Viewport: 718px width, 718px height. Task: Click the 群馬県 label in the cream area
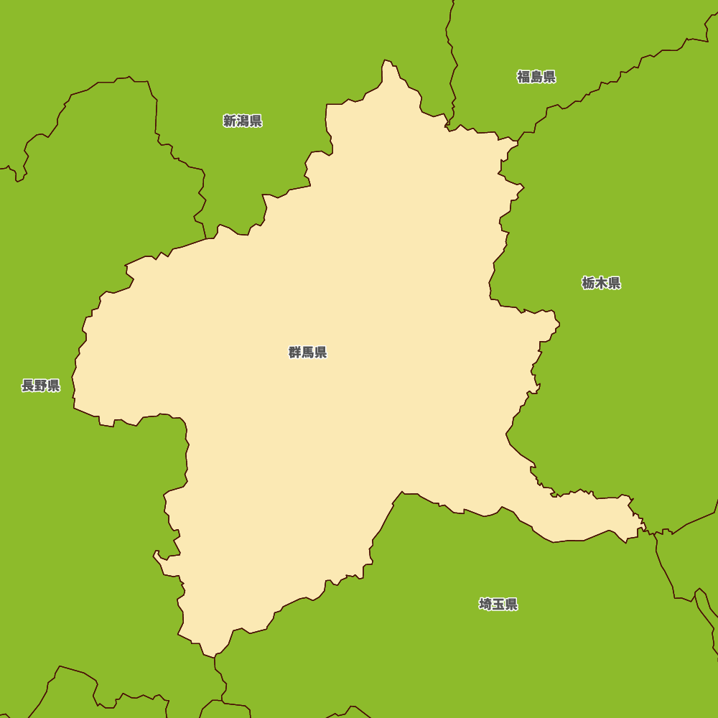[307, 353]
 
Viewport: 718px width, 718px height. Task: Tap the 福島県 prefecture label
[536, 77]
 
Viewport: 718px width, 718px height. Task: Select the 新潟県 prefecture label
[242, 121]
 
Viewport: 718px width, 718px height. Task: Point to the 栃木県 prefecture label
[601, 283]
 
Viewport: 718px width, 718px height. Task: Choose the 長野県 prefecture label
[41, 386]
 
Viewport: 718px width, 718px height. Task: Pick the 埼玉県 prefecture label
[498, 605]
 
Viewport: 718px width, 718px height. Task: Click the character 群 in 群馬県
[295, 353]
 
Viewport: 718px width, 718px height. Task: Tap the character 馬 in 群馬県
[308, 353]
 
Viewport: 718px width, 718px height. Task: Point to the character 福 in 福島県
[523, 77]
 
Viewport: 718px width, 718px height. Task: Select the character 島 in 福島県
[536, 77]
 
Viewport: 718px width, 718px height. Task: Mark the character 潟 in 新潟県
[243, 121]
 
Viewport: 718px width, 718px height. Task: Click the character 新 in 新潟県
[230, 121]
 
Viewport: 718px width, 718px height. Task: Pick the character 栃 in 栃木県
[588, 283]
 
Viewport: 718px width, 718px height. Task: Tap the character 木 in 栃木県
[601, 283]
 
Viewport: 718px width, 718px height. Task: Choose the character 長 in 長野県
[28, 386]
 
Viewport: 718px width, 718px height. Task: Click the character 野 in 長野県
[41, 386]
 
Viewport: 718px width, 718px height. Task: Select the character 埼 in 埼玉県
[485, 605]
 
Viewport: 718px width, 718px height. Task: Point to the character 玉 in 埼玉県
[498, 605]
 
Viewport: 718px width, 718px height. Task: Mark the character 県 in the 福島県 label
[549, 77]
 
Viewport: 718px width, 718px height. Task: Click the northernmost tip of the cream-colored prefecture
[386, 60]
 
